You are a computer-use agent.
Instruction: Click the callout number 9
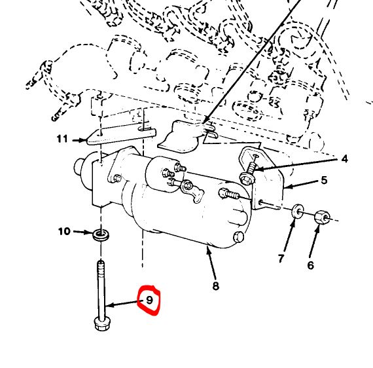(x=149, y=300)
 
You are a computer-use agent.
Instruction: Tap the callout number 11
(x=62, y=139)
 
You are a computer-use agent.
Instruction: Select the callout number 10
(x=64, y=231)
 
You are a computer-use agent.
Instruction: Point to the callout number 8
(x=215, y=285)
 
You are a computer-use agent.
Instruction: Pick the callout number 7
(x=281, y=258)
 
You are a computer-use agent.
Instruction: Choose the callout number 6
(x=310, y=265)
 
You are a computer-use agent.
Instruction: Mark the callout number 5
(x=324, y=180)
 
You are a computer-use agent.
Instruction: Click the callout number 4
(x=344, y=158)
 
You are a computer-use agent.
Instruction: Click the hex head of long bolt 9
(x=102, y=324)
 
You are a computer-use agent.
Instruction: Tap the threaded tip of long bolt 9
(x=101, y=264)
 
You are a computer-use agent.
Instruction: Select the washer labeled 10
(x=101, y=234)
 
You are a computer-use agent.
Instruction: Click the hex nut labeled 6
(x=322, y=217)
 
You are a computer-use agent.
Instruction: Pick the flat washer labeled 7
(x=297, y=211)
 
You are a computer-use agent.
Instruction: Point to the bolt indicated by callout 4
(x=248, y=173)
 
